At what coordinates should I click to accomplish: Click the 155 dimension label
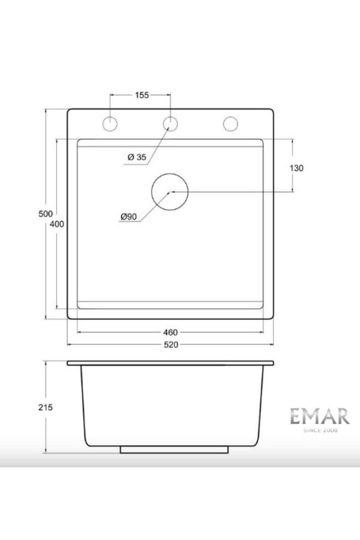142,95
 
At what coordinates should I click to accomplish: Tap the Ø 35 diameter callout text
137,157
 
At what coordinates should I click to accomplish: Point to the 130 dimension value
296,168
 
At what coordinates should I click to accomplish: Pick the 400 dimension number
57,223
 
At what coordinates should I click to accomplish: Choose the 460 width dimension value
170,332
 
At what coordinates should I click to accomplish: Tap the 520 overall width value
170,344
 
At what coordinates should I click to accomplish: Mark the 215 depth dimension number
46,407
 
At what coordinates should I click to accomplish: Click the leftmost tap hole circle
110,124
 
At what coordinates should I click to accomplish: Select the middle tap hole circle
170,124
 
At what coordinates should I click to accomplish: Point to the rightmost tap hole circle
230,124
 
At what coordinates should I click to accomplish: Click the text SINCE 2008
315,430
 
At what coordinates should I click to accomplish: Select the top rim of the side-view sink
170,363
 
